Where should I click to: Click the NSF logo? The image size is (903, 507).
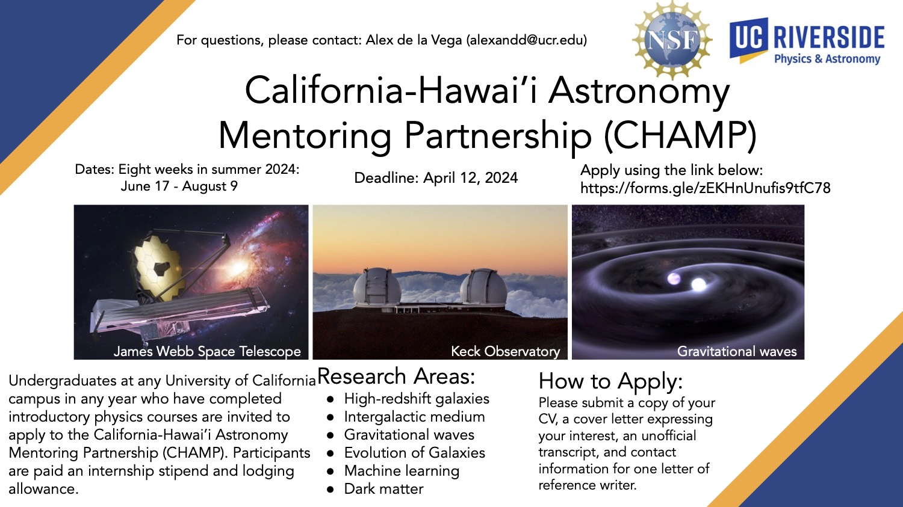click(x=672, y=40)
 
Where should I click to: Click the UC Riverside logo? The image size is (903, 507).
click(x=807, y=41)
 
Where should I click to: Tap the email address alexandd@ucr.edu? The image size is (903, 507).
click(x=527, y=40)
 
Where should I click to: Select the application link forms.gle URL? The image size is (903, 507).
click(x=706, y=188)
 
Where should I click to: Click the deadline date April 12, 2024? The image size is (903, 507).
click(x=470, y=178)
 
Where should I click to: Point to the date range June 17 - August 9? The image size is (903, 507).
click(x=179, y=186)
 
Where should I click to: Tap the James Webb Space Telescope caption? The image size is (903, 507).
click(x=207, y=351)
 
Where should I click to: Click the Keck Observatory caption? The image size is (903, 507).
click(x=506, y=351)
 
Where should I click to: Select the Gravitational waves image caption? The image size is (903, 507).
click(x=737, y=351)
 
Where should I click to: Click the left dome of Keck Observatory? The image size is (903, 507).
click(x=377, y=287)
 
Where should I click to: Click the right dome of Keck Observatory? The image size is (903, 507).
click(x=483, y=287)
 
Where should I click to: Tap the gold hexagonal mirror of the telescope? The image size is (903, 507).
click(x=158, y=266)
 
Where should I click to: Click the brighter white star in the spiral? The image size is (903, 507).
click(x=698, y=284)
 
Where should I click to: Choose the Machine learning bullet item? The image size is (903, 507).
click(x=402, y=471)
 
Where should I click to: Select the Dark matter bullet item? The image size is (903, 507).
click(x=384, y=489)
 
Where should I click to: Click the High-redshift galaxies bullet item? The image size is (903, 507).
click(x=417, y=399)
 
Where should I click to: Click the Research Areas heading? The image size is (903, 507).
click(x=396, y=376)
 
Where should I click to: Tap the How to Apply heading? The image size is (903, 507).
click(x=611, y=381)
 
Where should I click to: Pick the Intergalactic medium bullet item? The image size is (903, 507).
click(x=414, y=417)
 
